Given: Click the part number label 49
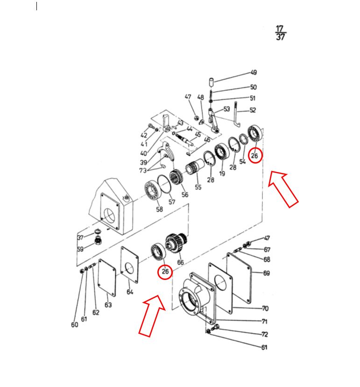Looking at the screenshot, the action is click(x=254, y=72).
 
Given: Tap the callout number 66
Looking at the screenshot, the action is click(x=181, y=262).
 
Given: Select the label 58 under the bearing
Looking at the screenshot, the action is click(x=160, y=209).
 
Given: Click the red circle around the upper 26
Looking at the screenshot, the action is click(x=255, y=155).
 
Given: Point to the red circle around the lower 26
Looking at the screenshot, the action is click(x=165, y=272).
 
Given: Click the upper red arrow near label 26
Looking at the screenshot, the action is click(x=283, y=188).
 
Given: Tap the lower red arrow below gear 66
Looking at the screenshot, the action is click(x=152, y=315).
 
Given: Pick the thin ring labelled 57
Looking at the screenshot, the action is click(x=164, y=183).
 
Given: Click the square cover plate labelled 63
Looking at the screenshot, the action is click(x=107, y=278).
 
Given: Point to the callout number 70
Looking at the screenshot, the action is click(x=265, y=308).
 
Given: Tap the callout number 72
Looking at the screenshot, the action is click(x=264, y=334).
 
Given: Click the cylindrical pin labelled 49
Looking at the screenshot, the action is click(x=212, y=82).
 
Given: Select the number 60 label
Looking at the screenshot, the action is click(x=74, y=324).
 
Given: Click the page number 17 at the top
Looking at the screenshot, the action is click(x=279, y=29).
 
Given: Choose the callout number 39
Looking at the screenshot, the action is click(x=143, y=162).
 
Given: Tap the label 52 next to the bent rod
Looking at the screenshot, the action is click(x=253, y=110).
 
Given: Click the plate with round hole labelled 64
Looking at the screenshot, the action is click(x=129, y=265).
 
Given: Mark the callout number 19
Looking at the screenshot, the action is click(x=222, y=173).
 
